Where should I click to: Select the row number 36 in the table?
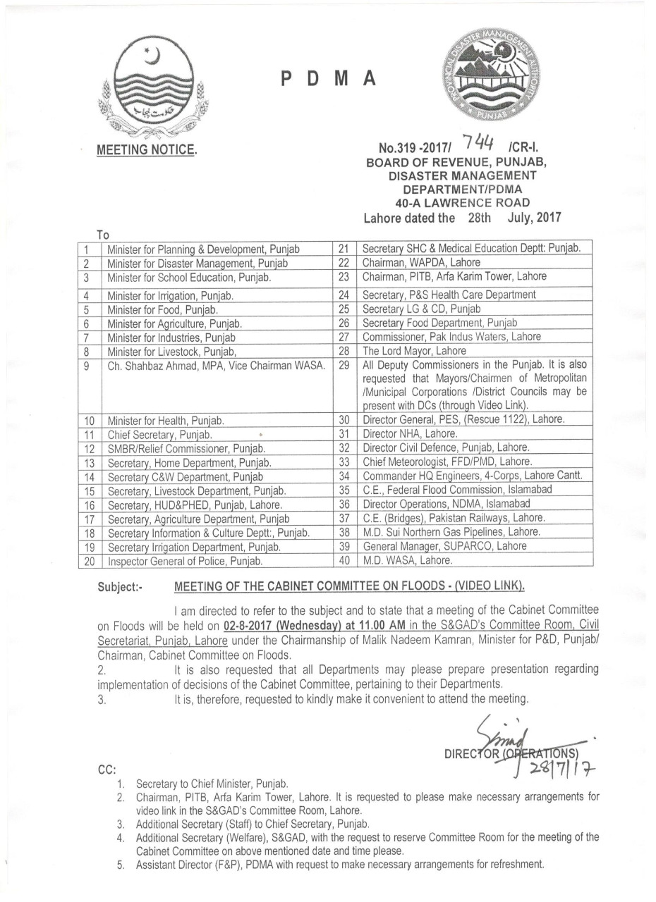[345, 504]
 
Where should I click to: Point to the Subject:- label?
[120, 587]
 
